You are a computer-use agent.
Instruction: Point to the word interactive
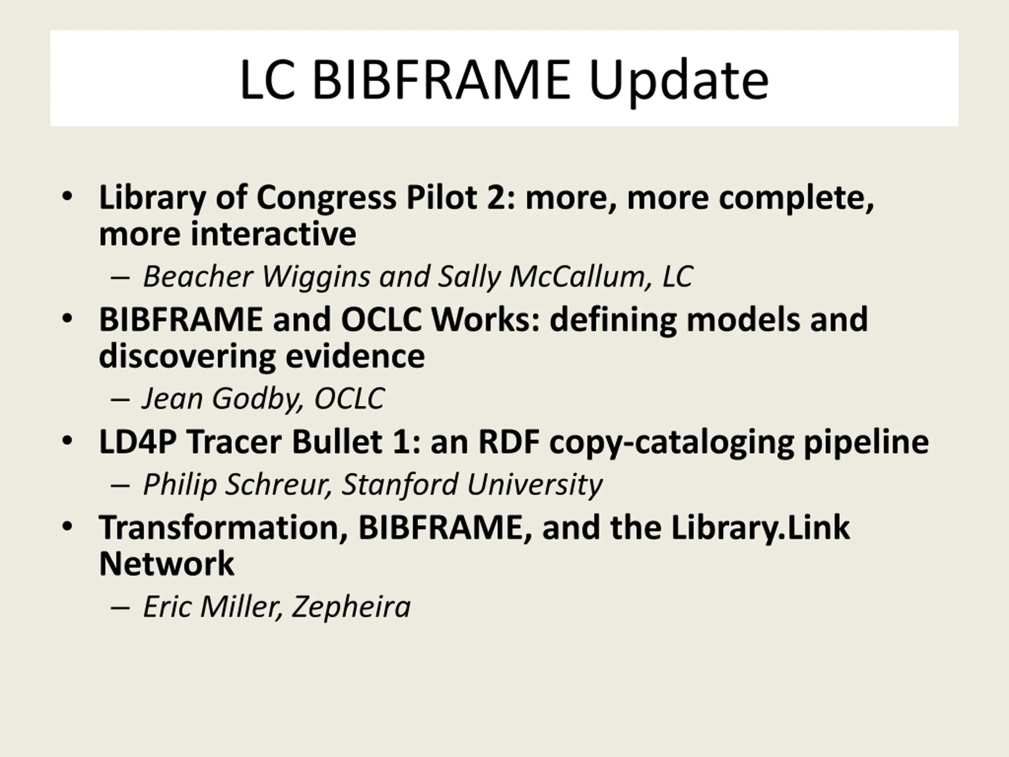273,234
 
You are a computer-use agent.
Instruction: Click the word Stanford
400,484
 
